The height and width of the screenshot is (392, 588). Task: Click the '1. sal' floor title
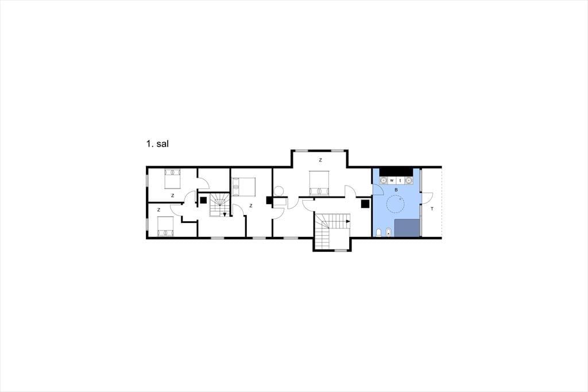click(x=157, y=144)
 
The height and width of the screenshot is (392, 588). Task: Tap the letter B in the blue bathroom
click(x=396, y=190)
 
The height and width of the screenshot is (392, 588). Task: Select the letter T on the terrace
click(x=432, y=209)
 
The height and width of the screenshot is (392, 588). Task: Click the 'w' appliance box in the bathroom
click(x=392, y=180)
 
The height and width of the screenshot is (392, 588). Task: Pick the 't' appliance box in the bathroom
click(x=400, y=180)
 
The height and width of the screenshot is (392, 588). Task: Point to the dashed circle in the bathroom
click(x=395, y=205)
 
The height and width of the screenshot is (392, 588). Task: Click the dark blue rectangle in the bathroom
click(x=407, y=228)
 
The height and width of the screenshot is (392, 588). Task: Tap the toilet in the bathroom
click(x=378, y=232)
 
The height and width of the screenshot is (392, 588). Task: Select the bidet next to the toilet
click(x=389, y=232)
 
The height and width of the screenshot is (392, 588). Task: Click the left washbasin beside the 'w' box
click(x=384, y=180)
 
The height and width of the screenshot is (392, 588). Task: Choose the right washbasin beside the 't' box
click(x=408, y=180)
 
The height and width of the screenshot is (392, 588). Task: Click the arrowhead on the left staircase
click(x=225, y=215)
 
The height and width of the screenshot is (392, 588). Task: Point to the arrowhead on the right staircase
click(x=348, y=221)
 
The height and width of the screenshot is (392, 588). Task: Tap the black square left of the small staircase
click(x=203, y=200)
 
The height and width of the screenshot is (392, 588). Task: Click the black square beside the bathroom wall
click(x=365, y=204)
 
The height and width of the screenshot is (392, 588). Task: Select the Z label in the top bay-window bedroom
click(x=320, y=160)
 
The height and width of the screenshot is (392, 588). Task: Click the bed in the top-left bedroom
click(x=172, y=179)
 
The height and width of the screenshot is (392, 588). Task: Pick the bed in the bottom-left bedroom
click(x=165, y=226)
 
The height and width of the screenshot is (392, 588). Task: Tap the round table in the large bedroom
click(x=279, y=191)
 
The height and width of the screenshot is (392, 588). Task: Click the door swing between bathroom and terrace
click(x=427, y=198)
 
